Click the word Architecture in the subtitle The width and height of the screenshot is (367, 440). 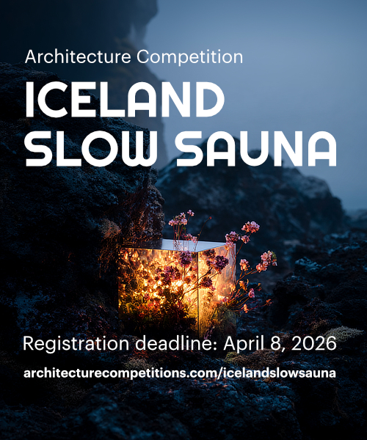(x=73, y=56)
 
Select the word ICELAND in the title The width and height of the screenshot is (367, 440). (x=123, y=99)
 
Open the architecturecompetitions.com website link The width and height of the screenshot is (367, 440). (x=180, y=373)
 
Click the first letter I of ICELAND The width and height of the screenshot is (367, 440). (x=30, y=99)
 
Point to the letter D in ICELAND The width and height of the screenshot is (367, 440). (x=208, y=99)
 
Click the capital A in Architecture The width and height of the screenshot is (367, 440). (x=31, y=56)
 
